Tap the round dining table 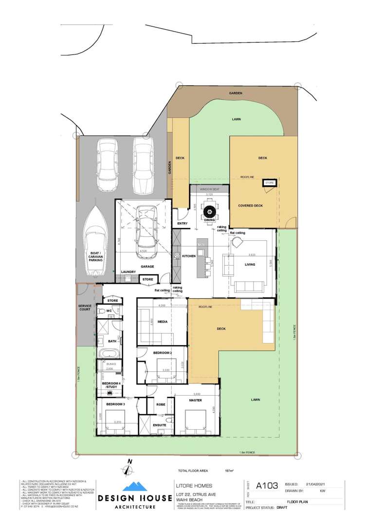[210, 211]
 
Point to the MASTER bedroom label [195, 400]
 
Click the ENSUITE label [160, 425]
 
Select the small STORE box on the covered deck [269, 183]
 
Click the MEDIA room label [163, 315]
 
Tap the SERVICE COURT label [85, 308]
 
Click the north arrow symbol [128, 468]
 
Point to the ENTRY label [182, 224]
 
